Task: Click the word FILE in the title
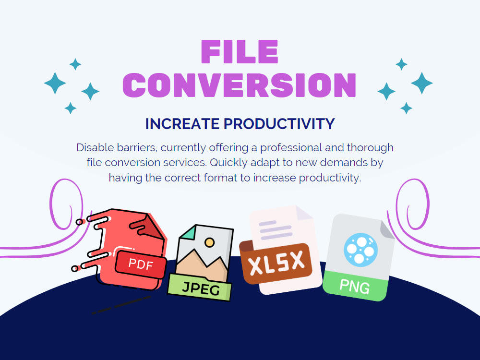click(x=240, y=52)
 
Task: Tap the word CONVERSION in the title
click(x=240, y=85)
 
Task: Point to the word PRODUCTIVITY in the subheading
click(x=279, y=124)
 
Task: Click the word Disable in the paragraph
click(x=94, y=147)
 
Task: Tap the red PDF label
click(x=141, y=264)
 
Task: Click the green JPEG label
click(x=201, y=288)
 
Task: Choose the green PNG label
click(x=355, y=287)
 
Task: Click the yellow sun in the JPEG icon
click(x=209, y=243)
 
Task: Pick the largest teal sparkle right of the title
click(x=421, y=83)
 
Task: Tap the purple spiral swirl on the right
click(x=412, y=202)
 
